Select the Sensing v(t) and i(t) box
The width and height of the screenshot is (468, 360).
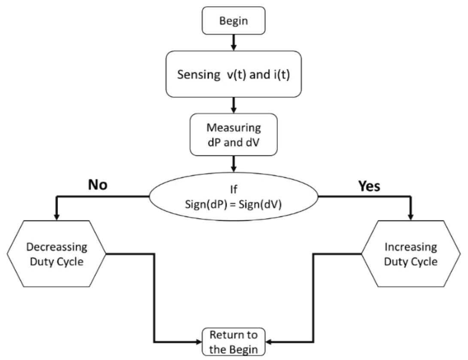coord(234,73)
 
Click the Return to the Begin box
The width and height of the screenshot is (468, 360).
coord(234,342)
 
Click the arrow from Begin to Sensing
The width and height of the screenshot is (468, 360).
coord(234,42)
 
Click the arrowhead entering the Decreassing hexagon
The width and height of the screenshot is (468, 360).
coord(57,217)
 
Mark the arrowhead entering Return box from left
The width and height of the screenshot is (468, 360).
coord(198,342)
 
